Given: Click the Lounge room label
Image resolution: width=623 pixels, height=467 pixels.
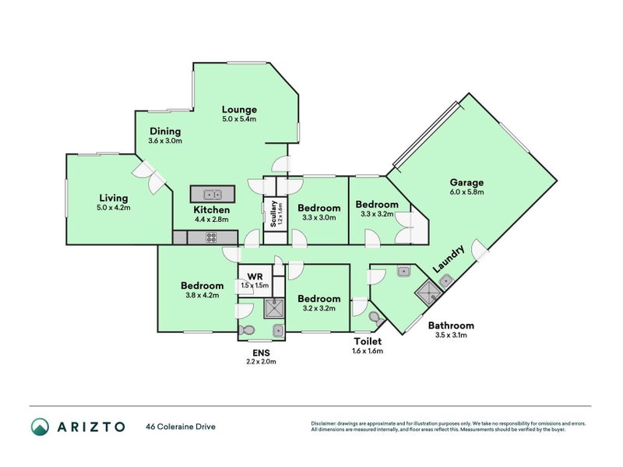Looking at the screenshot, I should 239,109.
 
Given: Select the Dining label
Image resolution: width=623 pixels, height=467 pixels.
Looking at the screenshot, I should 165,132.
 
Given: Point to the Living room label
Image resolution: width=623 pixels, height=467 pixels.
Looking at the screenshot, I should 114,197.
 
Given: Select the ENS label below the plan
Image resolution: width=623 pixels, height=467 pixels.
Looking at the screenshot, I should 261,352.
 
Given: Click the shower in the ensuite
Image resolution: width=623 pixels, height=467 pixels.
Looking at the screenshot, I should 274,309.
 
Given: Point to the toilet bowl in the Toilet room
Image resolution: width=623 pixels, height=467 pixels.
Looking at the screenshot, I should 375,318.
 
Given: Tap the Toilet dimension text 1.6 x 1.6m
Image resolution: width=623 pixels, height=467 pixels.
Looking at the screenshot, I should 367,351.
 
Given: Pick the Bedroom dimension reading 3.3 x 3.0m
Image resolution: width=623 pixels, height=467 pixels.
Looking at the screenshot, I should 319,218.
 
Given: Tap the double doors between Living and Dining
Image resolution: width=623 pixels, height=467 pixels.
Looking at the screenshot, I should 150,178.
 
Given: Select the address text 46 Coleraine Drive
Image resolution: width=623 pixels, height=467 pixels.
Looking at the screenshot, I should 180,427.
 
